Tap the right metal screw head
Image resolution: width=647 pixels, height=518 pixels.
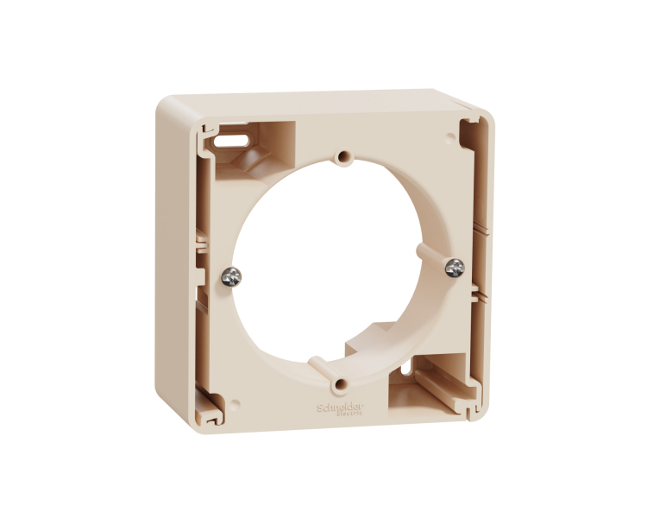[x=455, y=268]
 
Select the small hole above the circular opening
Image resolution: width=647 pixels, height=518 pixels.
[x=344, y=158]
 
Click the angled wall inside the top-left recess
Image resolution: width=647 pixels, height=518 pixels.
[x=250, y=160]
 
